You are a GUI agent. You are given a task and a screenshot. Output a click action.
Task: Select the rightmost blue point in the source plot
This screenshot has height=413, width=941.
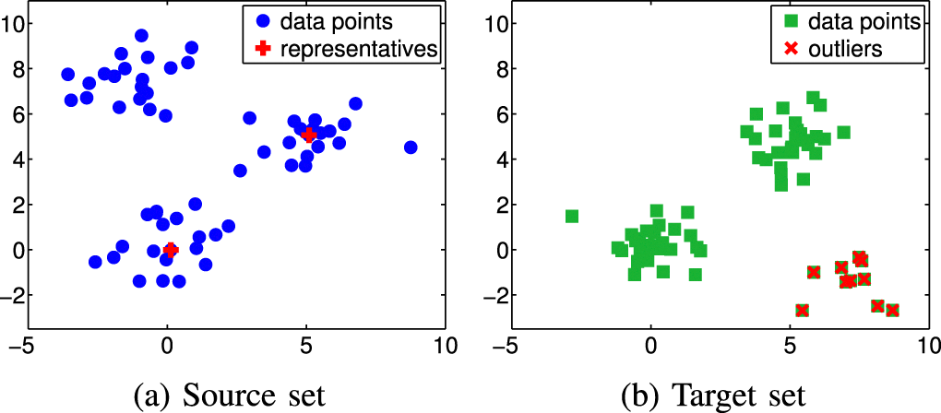[x=411, y=147]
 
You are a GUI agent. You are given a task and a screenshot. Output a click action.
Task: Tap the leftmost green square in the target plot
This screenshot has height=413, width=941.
[x=572, y=217]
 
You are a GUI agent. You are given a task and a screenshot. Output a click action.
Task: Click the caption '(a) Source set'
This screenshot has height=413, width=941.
[x=230, y=396]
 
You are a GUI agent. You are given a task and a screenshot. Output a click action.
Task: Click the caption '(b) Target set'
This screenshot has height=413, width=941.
[x=713, y=396]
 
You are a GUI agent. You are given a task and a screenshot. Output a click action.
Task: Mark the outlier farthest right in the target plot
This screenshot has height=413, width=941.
[x=892, y=310]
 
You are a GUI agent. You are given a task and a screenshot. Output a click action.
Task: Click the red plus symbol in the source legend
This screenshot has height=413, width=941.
[x=264, y=49]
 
